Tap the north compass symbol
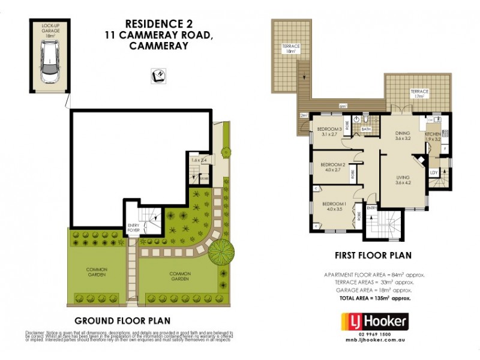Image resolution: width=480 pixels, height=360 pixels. (158, 76)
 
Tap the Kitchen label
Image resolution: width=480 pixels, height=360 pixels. (433, 135)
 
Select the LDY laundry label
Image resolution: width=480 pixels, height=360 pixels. (434, 173)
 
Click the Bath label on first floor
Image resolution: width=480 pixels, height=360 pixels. (365, 129)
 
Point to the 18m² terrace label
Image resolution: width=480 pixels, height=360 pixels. (292, 49)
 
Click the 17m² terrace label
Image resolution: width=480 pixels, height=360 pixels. (419, 94)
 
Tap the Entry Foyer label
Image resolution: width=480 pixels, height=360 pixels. (134, 228)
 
